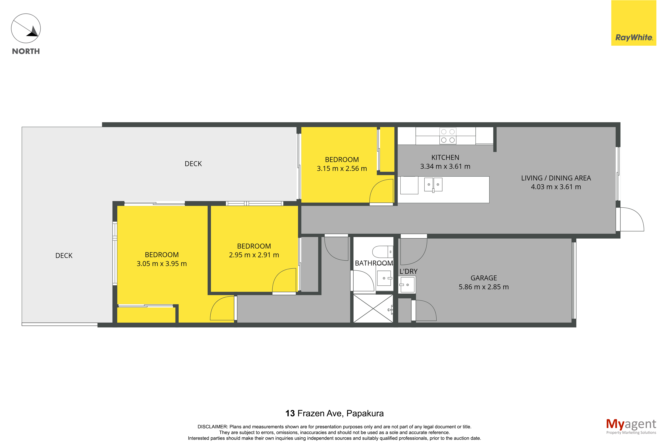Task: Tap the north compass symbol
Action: pyautogui.click(x=26, y=28)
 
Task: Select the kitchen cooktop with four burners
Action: pyautogui.click(x=448, y=136)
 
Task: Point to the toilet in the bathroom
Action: pyautogui.click(x=383, y=252)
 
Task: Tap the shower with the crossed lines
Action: pyautogui.click(x=373, y=308)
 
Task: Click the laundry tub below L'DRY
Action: pyautogui.click(x=407, y=285)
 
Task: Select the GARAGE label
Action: pyautogui.click(x=484, y=278)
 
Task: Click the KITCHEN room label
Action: pyautogui.click(x=445, y=157)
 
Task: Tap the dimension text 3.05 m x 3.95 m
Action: pyautogui.click(x=162, y=264)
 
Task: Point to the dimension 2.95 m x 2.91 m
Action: pyautogui.click(x=254, y=255)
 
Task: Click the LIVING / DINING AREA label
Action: pyautogui.click(x=556, y=178)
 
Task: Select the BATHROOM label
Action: pyautogui.click(x=374, y=263)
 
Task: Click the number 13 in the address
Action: pyautogui.click(x=290, y=413)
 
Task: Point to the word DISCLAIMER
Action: pyautogui.click(x=212, y=427)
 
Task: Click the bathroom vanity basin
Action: pyautogui.click(x=384, y=278)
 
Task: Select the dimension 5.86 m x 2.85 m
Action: pyautogui.click(x=484, y=287)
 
